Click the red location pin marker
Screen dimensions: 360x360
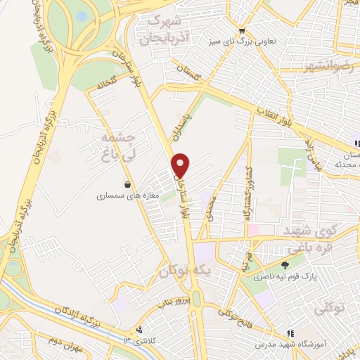(181, 164)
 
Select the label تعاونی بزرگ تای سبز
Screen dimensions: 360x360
(241, 42)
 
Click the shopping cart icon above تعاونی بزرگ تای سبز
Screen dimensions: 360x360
(242, 30)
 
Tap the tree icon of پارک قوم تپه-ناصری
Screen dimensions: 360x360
(284, 265)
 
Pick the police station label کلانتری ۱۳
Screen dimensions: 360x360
(127, 340)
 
